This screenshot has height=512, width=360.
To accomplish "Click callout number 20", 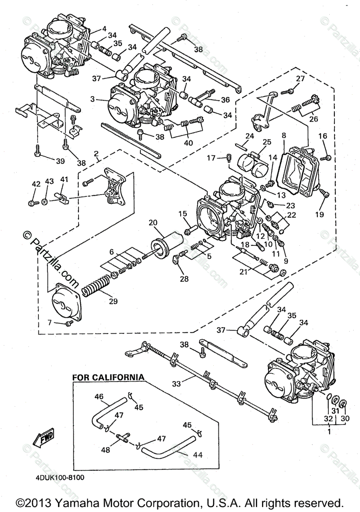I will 153,222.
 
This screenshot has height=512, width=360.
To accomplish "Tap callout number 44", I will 197,455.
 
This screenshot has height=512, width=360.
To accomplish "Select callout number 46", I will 99,397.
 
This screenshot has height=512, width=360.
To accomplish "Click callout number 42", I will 36,184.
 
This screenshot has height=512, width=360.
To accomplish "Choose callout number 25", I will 267,141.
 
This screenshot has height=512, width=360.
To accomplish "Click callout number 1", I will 328,431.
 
